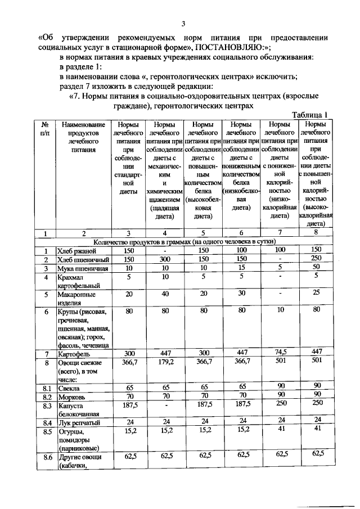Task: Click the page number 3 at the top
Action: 182,23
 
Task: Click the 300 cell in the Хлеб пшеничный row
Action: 165,259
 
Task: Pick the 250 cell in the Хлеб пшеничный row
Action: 316,259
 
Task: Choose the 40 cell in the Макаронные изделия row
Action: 165,294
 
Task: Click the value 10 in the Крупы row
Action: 280,310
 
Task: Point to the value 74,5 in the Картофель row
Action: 280,353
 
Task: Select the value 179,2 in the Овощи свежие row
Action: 165,362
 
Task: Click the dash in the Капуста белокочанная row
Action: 165,406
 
